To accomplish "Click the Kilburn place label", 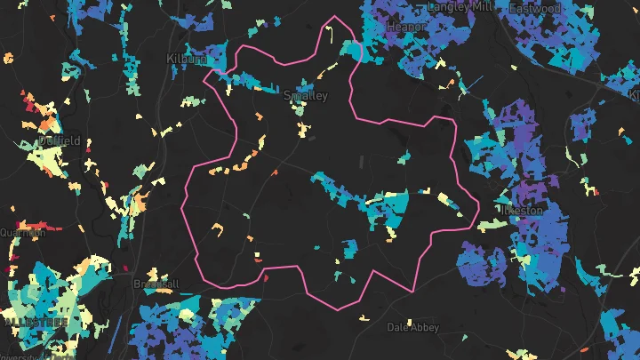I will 187,59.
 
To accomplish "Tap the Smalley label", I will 306,95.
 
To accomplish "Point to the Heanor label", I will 406,27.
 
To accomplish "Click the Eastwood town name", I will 535,8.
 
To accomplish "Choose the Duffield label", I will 60,140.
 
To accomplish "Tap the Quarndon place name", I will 22,233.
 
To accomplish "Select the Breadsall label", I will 156,284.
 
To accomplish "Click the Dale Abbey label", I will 412,327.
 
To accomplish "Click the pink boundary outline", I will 183,204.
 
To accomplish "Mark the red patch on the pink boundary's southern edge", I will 263,277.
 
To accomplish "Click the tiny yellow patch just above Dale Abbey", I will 364,317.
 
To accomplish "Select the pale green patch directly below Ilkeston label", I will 487,226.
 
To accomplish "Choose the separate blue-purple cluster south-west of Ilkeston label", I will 481,263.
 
